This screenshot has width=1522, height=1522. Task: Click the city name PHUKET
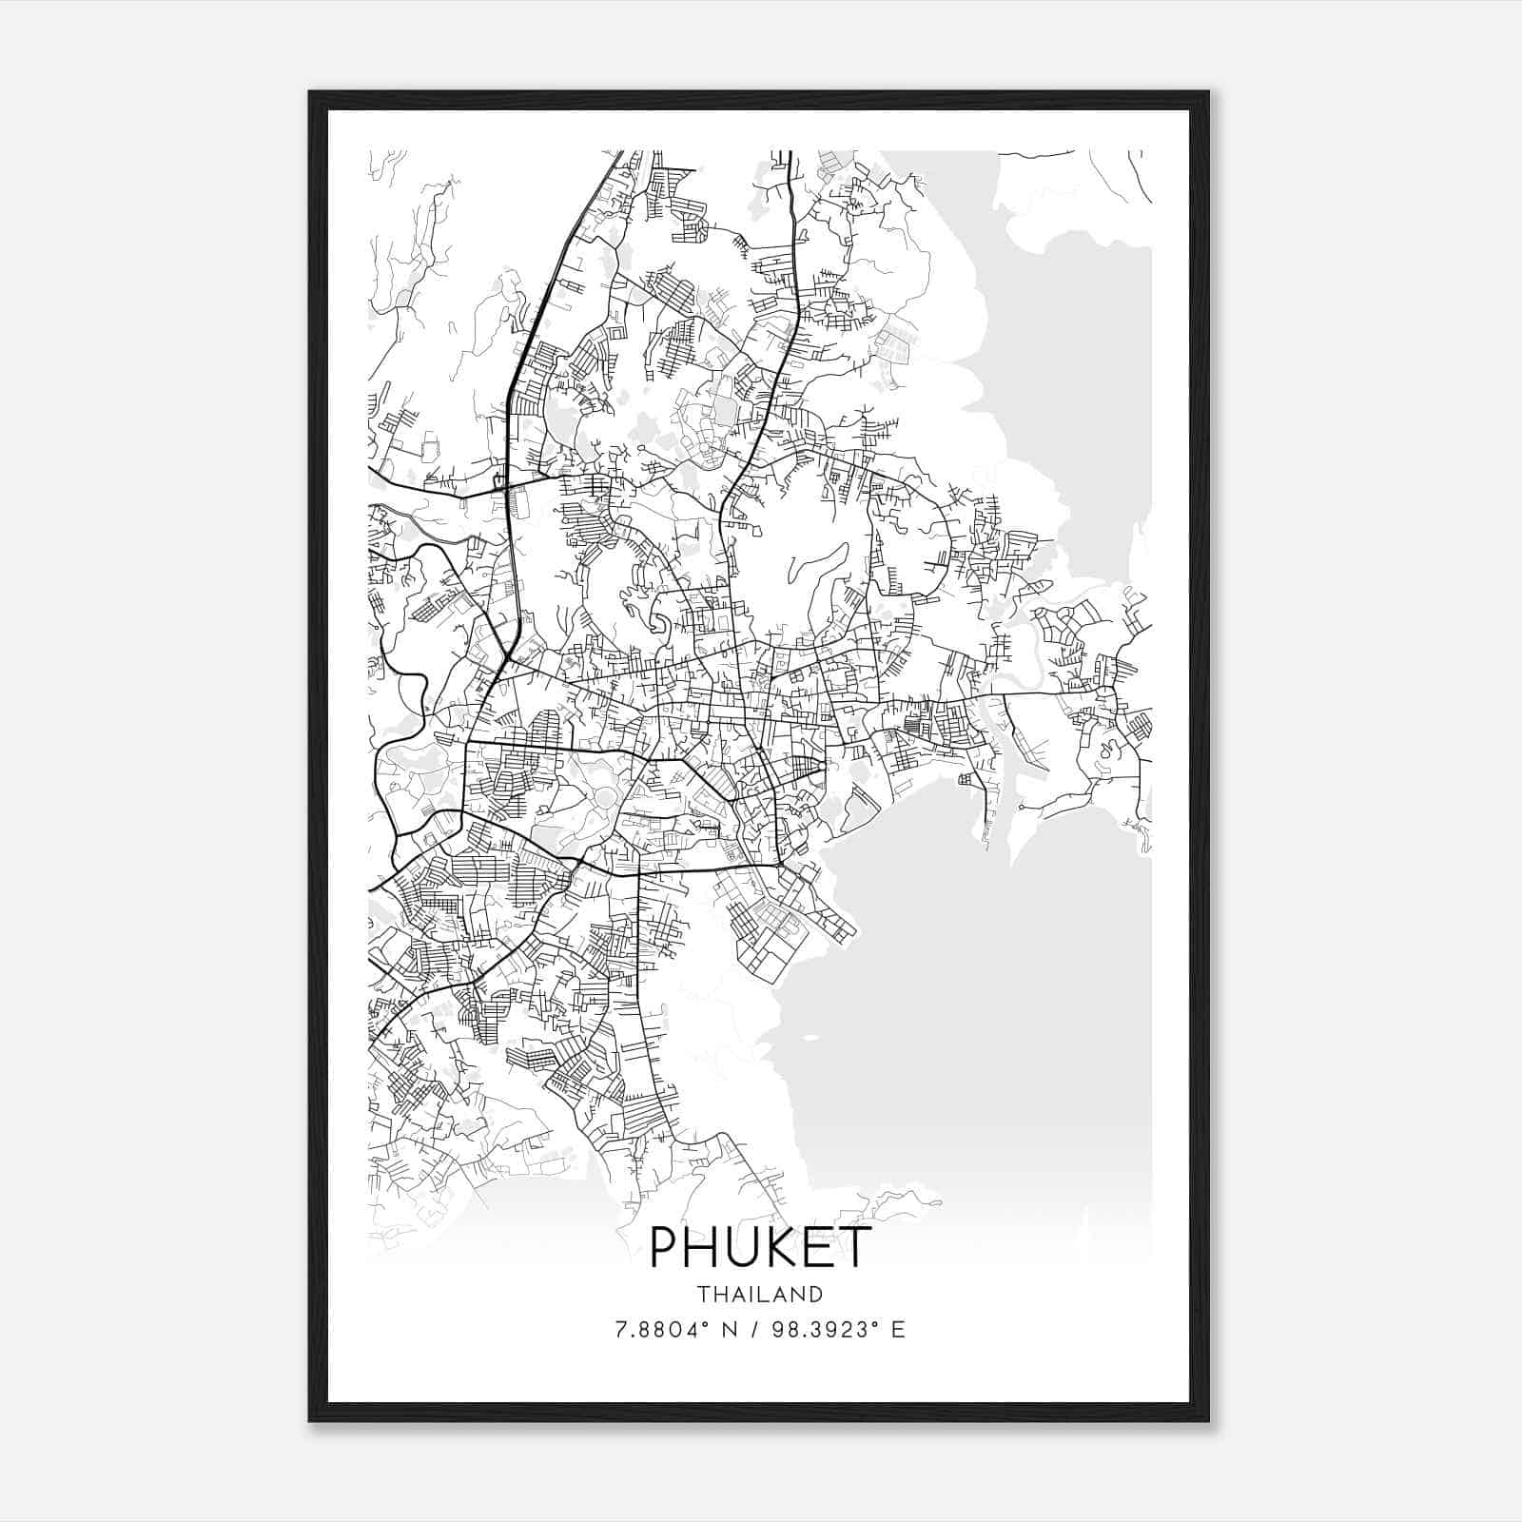coord(759,1247)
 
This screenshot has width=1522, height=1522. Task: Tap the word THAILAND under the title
coord(759,1295)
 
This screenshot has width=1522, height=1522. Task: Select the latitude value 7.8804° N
coord(676,1329)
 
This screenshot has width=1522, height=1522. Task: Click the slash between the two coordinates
coord(757,1329)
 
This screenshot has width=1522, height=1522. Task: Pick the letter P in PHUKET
coord(664,1247)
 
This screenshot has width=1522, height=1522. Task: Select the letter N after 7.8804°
coord(730,1329)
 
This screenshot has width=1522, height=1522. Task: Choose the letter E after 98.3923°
coord(898,1329)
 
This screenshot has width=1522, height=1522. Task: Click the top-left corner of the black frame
coord(311,93)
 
